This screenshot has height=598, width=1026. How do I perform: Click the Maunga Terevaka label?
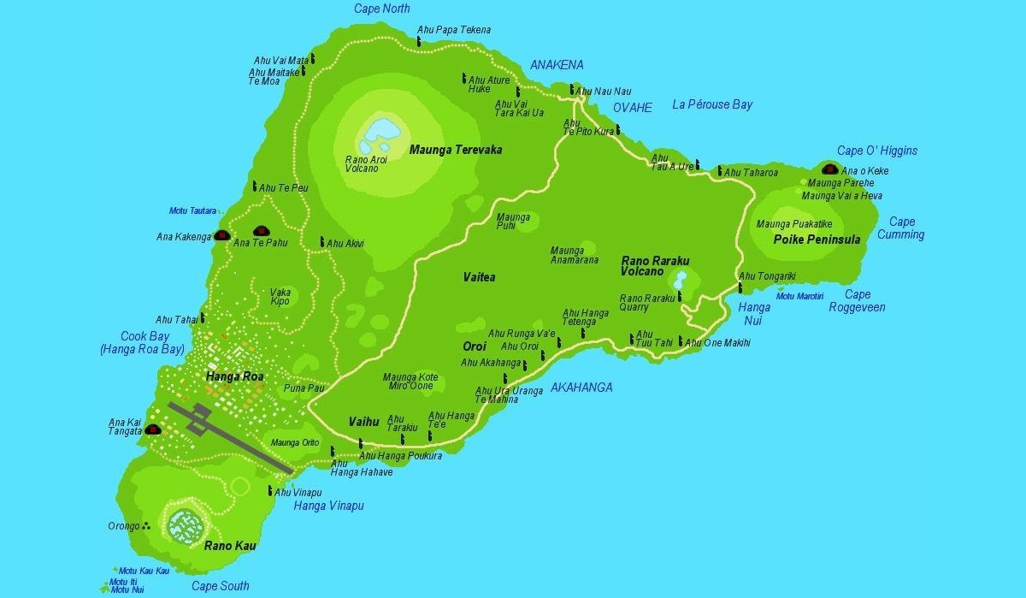pos(455,150)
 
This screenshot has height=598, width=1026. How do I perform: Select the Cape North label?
pos(381,9)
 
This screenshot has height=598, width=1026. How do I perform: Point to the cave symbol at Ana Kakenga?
pos(221,235)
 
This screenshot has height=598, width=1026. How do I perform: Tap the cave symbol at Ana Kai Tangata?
pos(153,429)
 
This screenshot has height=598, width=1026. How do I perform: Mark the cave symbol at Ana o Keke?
pos(828,169)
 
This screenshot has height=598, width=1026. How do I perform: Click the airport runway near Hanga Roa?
pos(231,437)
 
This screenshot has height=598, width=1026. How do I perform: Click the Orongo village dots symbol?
pos(147,526)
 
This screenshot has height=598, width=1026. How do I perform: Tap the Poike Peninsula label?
pos(817,240)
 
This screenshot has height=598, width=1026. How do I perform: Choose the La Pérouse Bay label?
pos(712,104)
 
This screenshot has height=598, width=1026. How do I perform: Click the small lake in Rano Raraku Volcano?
pos(681,280)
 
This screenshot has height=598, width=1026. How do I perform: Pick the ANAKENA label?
pos(557,65)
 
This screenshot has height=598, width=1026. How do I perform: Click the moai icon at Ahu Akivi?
pos(322,243)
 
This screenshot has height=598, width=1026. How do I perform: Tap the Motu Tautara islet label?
pos(192,211)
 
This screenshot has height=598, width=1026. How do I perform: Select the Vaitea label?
pos(479,277)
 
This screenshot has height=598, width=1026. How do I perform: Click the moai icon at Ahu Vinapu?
pos(270,491)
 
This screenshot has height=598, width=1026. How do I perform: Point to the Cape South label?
pos(220,586)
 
